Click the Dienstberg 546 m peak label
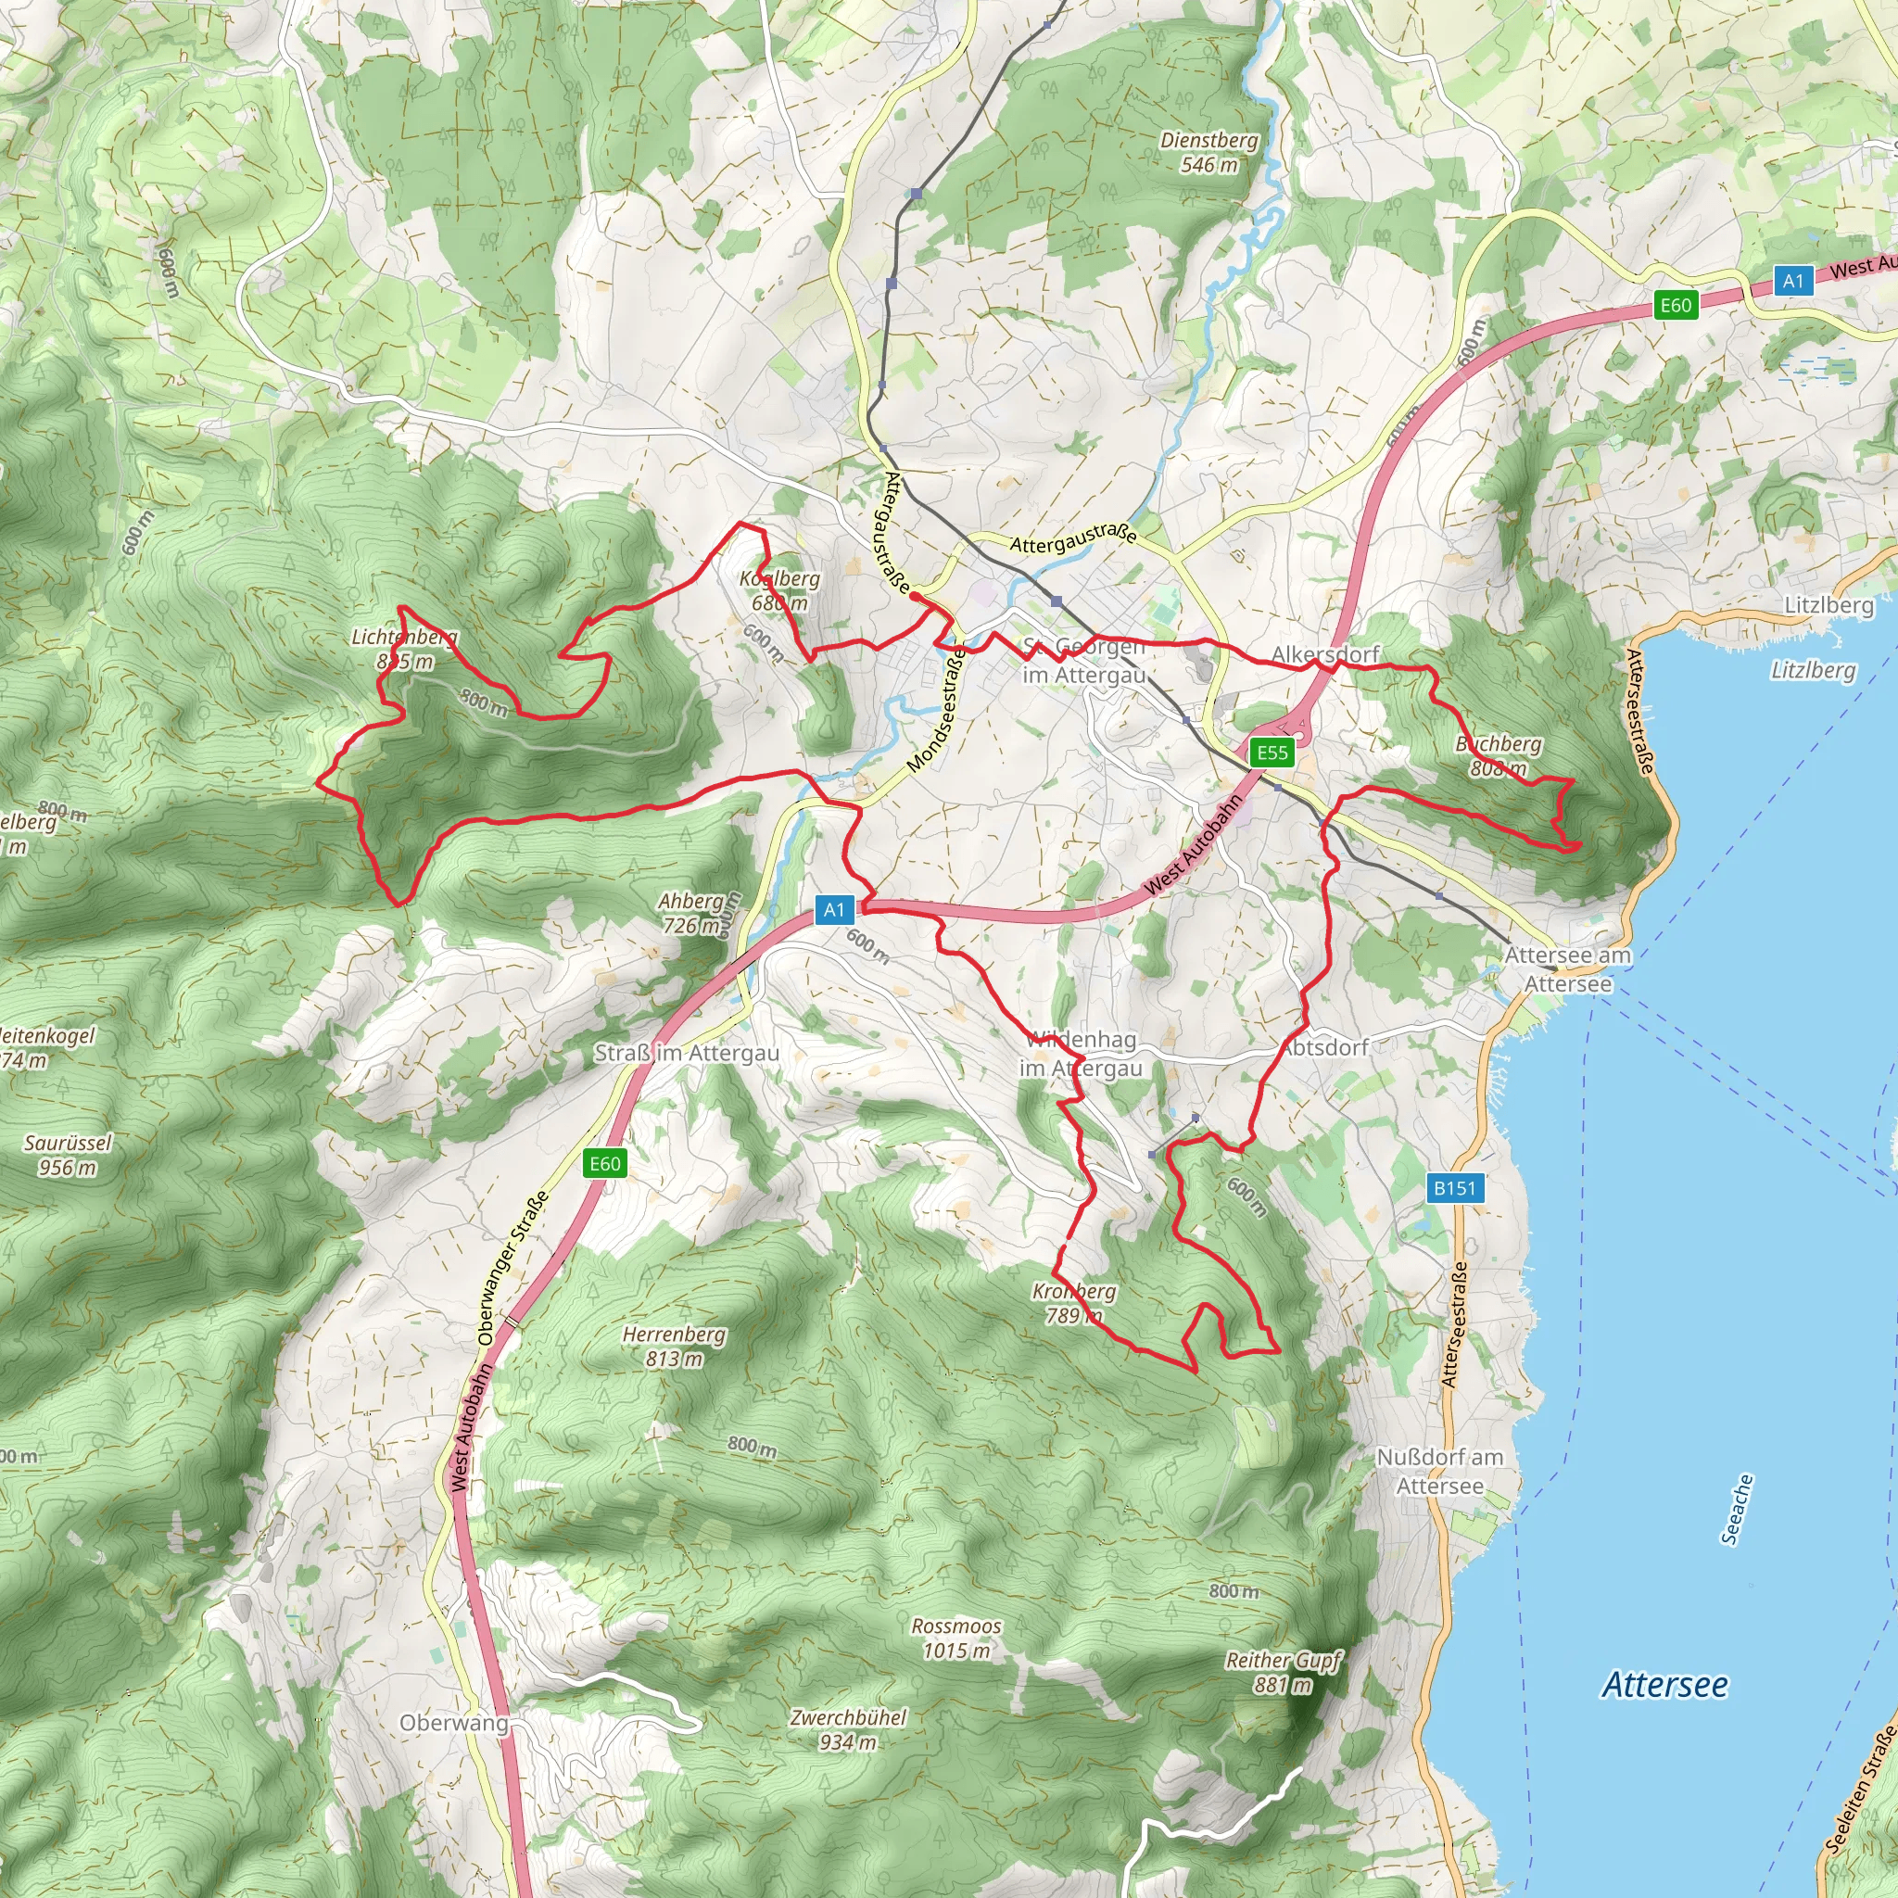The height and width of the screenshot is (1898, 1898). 1208,152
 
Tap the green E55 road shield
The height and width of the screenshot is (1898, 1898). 1272,753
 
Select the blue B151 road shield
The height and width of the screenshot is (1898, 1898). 1454,1188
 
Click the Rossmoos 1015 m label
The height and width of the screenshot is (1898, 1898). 955,1638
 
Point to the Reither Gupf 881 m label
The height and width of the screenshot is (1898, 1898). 1283,1672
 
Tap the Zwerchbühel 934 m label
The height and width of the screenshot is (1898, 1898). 848,1729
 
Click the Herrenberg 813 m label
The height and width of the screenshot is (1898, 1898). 674,1346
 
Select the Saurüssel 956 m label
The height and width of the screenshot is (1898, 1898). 68,1155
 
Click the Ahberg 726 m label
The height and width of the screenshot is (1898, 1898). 690,913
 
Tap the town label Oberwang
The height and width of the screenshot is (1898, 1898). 454,1722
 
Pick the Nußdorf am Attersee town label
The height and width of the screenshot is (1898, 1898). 1439,1471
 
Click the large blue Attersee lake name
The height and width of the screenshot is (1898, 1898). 1665,1684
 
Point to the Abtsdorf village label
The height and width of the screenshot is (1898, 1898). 1327,1047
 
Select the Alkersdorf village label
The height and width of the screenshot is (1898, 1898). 1325,653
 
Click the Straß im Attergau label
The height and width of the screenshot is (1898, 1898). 687,1053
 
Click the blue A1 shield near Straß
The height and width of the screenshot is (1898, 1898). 833,910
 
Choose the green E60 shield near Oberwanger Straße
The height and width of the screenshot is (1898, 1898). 604,1163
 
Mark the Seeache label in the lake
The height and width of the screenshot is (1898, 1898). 1737,1509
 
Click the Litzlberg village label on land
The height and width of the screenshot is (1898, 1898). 1828,605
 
